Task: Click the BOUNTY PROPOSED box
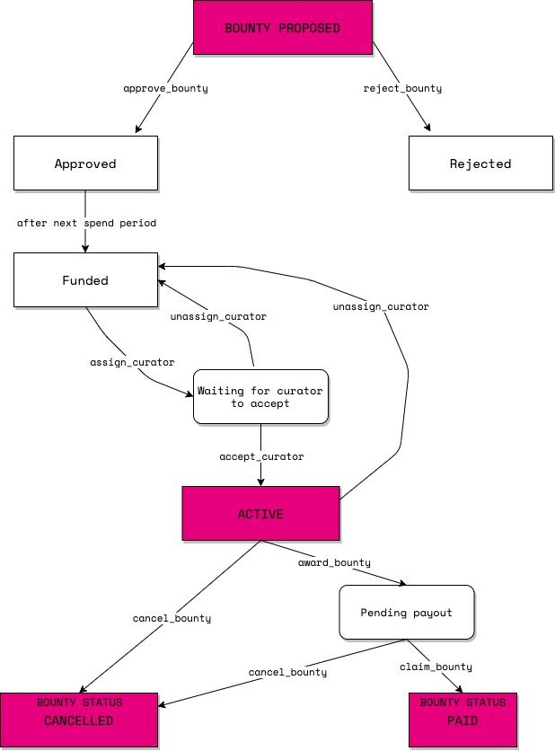click(x=282, y=28)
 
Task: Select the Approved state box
click(x=85, y=163)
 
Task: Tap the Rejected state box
click(x=480, y=163)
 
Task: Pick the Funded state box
click(x=85, y=280)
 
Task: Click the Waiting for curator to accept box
click(x=260, y=397)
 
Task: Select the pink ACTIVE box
click(x=260, y=514)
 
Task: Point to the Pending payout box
click(x=406, y=613)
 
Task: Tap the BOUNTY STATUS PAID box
click(x=463, y=720)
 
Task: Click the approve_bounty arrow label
click(x=160, y=89)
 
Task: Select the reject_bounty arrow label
click(x=402, y=89)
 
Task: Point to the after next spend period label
click(x=86, y=222)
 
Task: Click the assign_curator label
click(x=132, y=362)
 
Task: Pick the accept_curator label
click(x=261, y=456)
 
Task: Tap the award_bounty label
click(x=334, y=562)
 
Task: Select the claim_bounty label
click(x=436, y=667)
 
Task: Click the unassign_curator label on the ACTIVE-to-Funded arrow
click(x=381, y=306)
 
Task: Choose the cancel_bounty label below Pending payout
click(x=287, y=672)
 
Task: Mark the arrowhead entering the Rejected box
click(x=428, y=131)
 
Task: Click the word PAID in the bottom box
click(x=463, y=720)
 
